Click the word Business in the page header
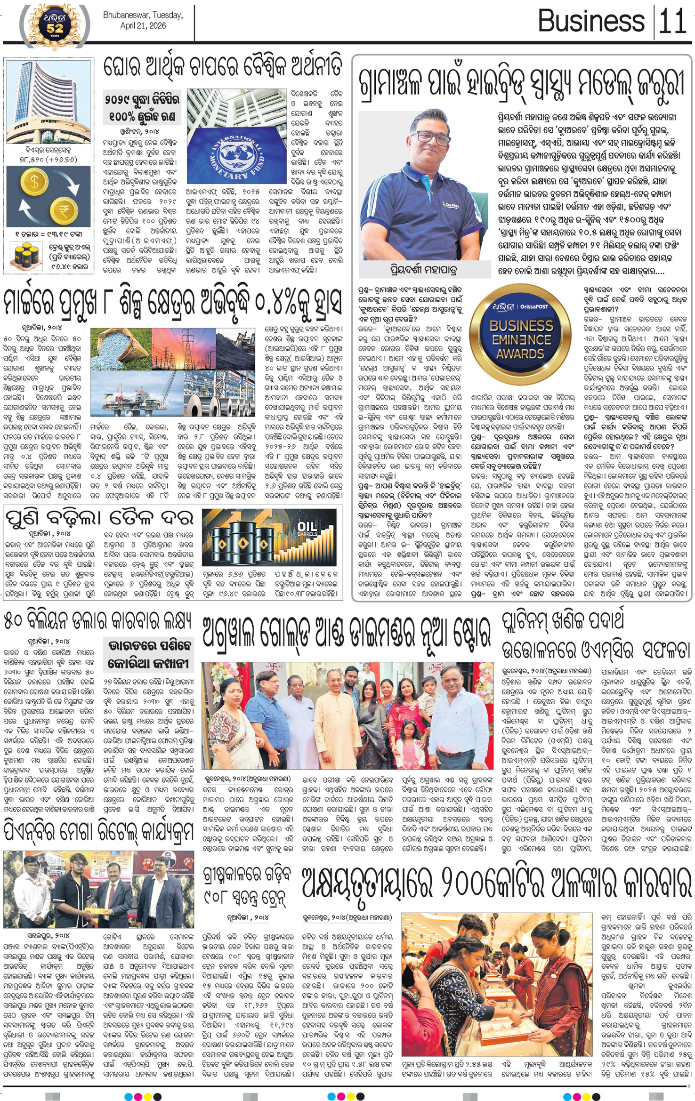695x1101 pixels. click(x=590, y=21)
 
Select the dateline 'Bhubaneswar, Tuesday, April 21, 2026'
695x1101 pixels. click(x=143, y=20)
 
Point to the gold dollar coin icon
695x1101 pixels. click(x=33, y=182)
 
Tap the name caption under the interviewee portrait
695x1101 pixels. click(x=424, y=270)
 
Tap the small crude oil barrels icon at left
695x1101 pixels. click(x=26, y=256)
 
